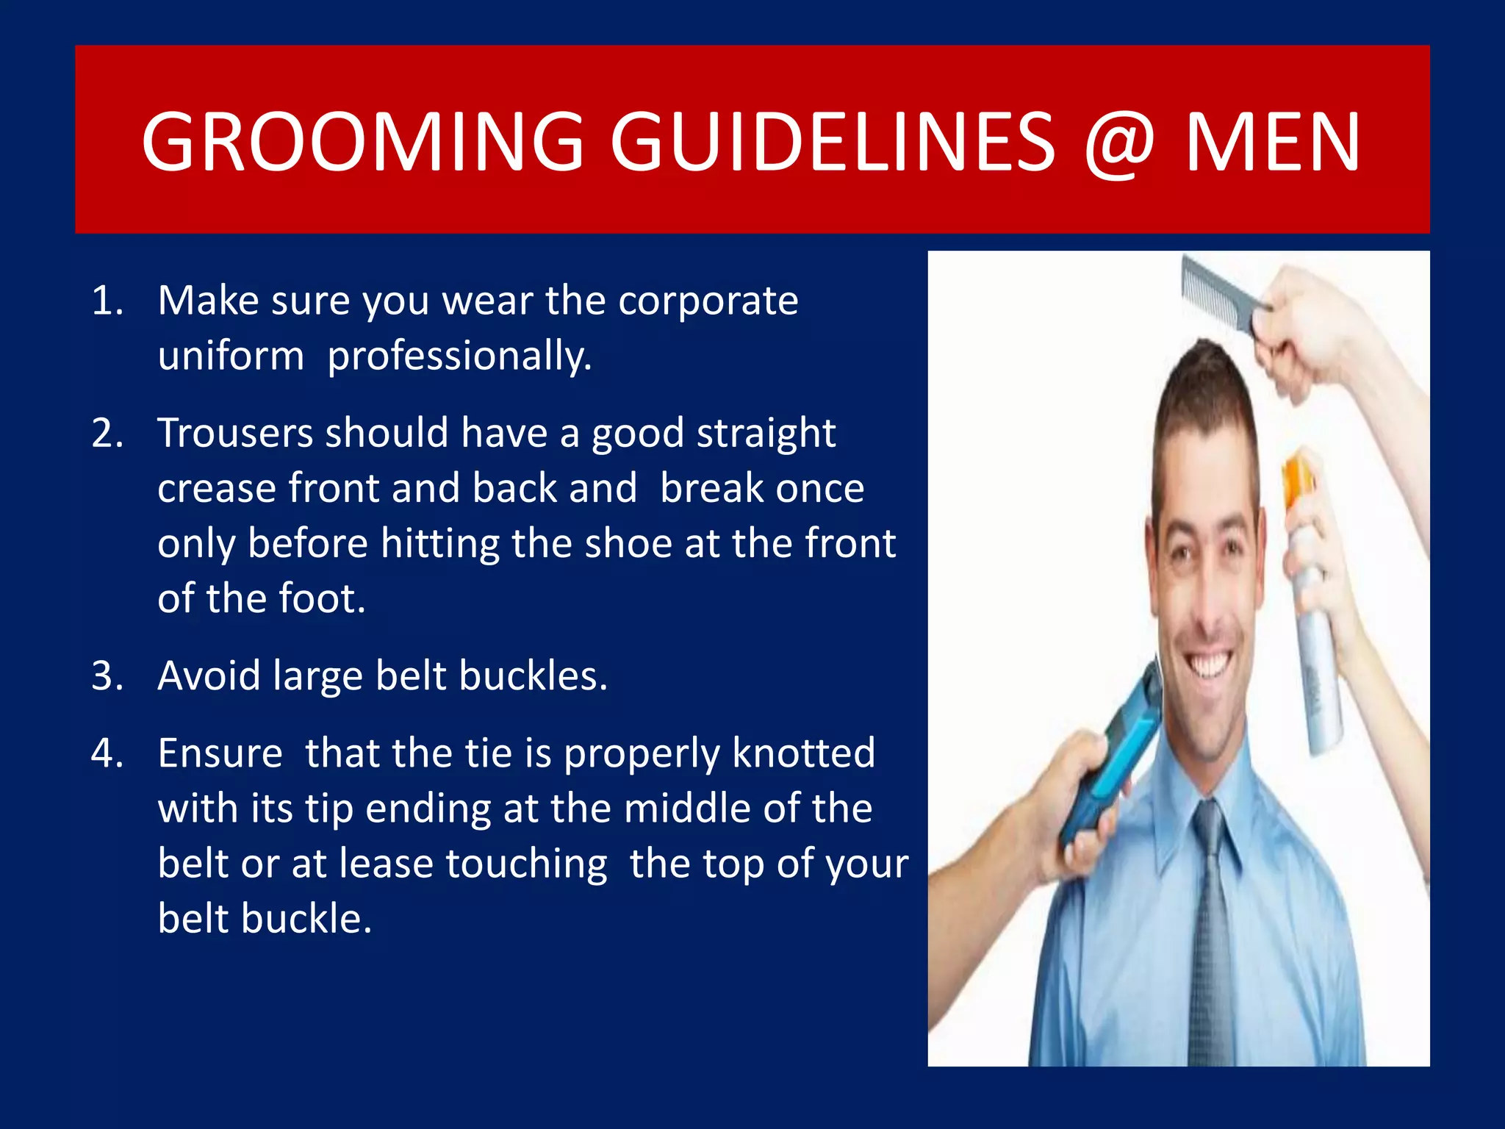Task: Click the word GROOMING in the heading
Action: click(362, 141)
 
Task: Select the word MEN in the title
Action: click(1274, 141)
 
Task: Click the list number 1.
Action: click(107, 301)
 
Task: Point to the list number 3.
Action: click(107, 675)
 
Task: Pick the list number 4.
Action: click(107, 753)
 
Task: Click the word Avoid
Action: click(209, 675)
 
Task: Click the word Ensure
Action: click(220, 753)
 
